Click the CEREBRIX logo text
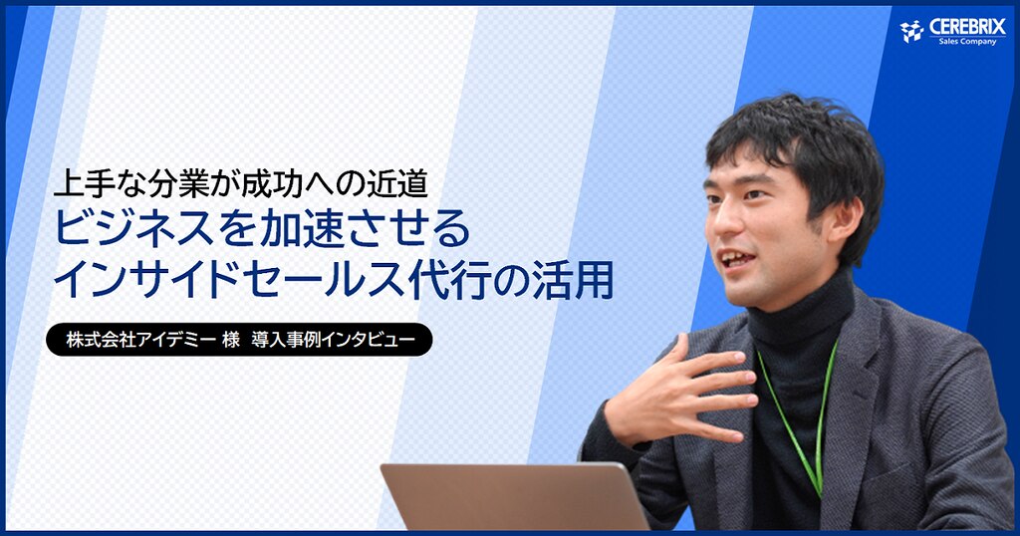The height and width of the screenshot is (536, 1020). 967,26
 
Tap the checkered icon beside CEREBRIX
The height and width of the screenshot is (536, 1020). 912,31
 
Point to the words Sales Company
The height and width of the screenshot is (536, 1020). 967,42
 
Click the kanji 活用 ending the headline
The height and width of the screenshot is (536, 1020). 573,281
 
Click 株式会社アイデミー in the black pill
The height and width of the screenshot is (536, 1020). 140,340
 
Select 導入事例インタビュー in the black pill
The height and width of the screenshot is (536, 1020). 333,340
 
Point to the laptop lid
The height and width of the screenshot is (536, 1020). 514,497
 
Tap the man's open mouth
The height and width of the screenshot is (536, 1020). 737,260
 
